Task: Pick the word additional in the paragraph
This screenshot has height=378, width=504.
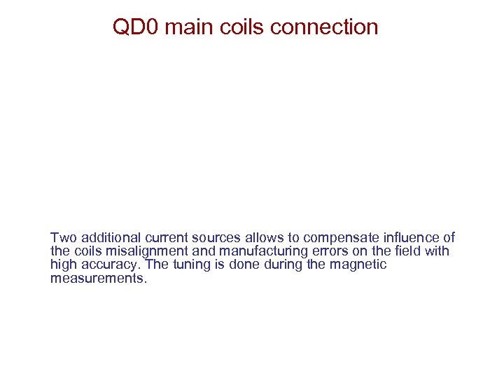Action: point(107,238)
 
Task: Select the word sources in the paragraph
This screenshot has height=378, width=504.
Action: point(211,238)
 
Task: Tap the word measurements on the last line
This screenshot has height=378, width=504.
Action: point(99,278)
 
